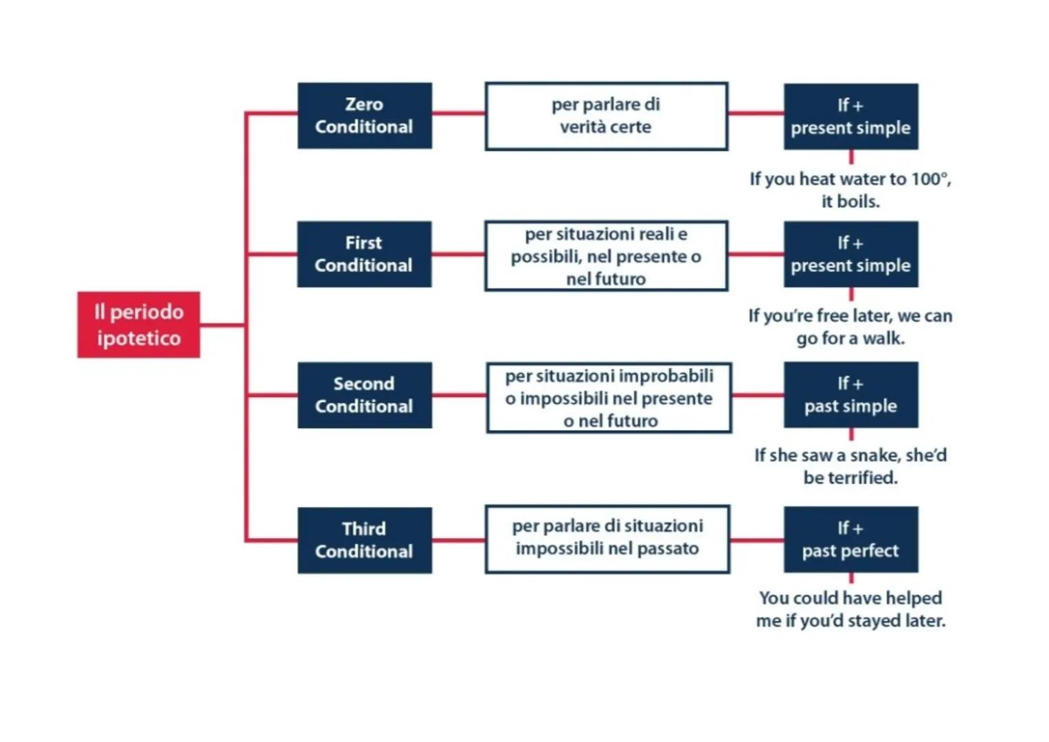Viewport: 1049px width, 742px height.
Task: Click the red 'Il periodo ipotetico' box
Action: [x=138, y=324]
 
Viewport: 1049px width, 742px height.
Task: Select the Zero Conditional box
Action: [x=364, y=115]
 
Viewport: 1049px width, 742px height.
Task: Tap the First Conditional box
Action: [x=364, y=254]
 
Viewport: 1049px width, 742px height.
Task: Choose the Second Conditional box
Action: [x=364, y=395]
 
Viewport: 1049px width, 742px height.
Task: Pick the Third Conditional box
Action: [x=364, y=540]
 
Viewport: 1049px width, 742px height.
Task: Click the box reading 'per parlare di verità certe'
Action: [x=606, y=116]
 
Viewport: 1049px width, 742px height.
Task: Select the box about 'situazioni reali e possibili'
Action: [x=606, y=256]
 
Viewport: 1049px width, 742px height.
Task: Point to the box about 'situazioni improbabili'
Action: [x=609, y=398]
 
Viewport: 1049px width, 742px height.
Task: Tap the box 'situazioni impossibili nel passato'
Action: [x=607, y=539]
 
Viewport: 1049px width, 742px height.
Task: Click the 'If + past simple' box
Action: [x=850, y=395]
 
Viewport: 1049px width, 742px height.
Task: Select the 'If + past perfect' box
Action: [x=850, y=539]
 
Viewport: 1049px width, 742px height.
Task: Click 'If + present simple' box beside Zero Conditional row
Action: [x=850, y=116]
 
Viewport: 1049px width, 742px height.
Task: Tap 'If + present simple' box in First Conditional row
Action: [x=850, y=254]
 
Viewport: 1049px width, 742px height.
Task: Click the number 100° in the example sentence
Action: [x=930, y=179]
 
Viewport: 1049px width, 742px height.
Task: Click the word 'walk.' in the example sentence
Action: [x=883, y=339]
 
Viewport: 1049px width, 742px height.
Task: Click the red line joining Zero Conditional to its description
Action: [x=458, y=113]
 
